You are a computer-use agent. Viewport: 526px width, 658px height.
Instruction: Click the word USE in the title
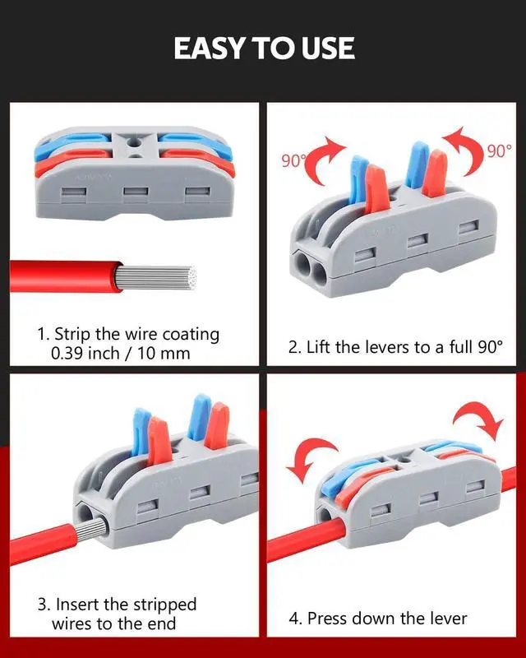323,48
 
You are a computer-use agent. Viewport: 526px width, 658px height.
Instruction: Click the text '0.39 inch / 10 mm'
120,354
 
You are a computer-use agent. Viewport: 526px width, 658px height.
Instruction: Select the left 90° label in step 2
294,161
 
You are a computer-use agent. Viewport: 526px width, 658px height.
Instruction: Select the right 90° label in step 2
498,151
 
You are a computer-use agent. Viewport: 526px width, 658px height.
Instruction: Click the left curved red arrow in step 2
327,156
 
